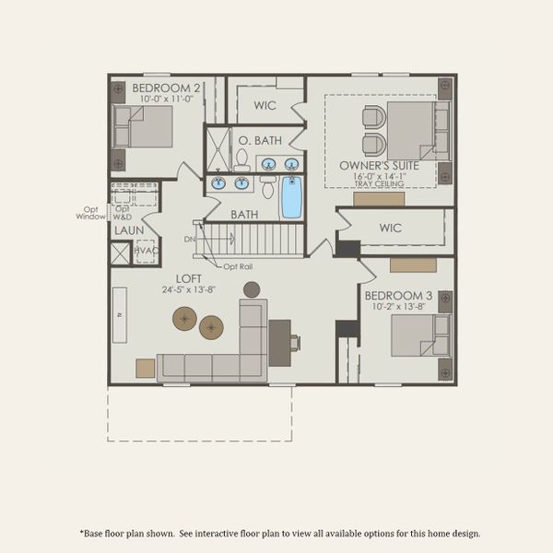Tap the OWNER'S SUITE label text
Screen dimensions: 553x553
[x=379, y=166]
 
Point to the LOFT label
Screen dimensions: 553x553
[x=190, y=277]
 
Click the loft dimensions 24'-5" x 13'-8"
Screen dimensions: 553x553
[x=190, y=288]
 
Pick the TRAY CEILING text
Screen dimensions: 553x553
[x=379, y=184]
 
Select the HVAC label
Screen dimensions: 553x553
[x=145, y=251]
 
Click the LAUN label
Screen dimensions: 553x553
[x=128, y=230]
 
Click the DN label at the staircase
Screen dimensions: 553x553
[x=189, y=240]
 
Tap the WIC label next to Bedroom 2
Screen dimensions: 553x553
[x=265, y=106]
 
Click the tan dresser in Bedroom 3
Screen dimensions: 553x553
[x=413, y=265]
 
